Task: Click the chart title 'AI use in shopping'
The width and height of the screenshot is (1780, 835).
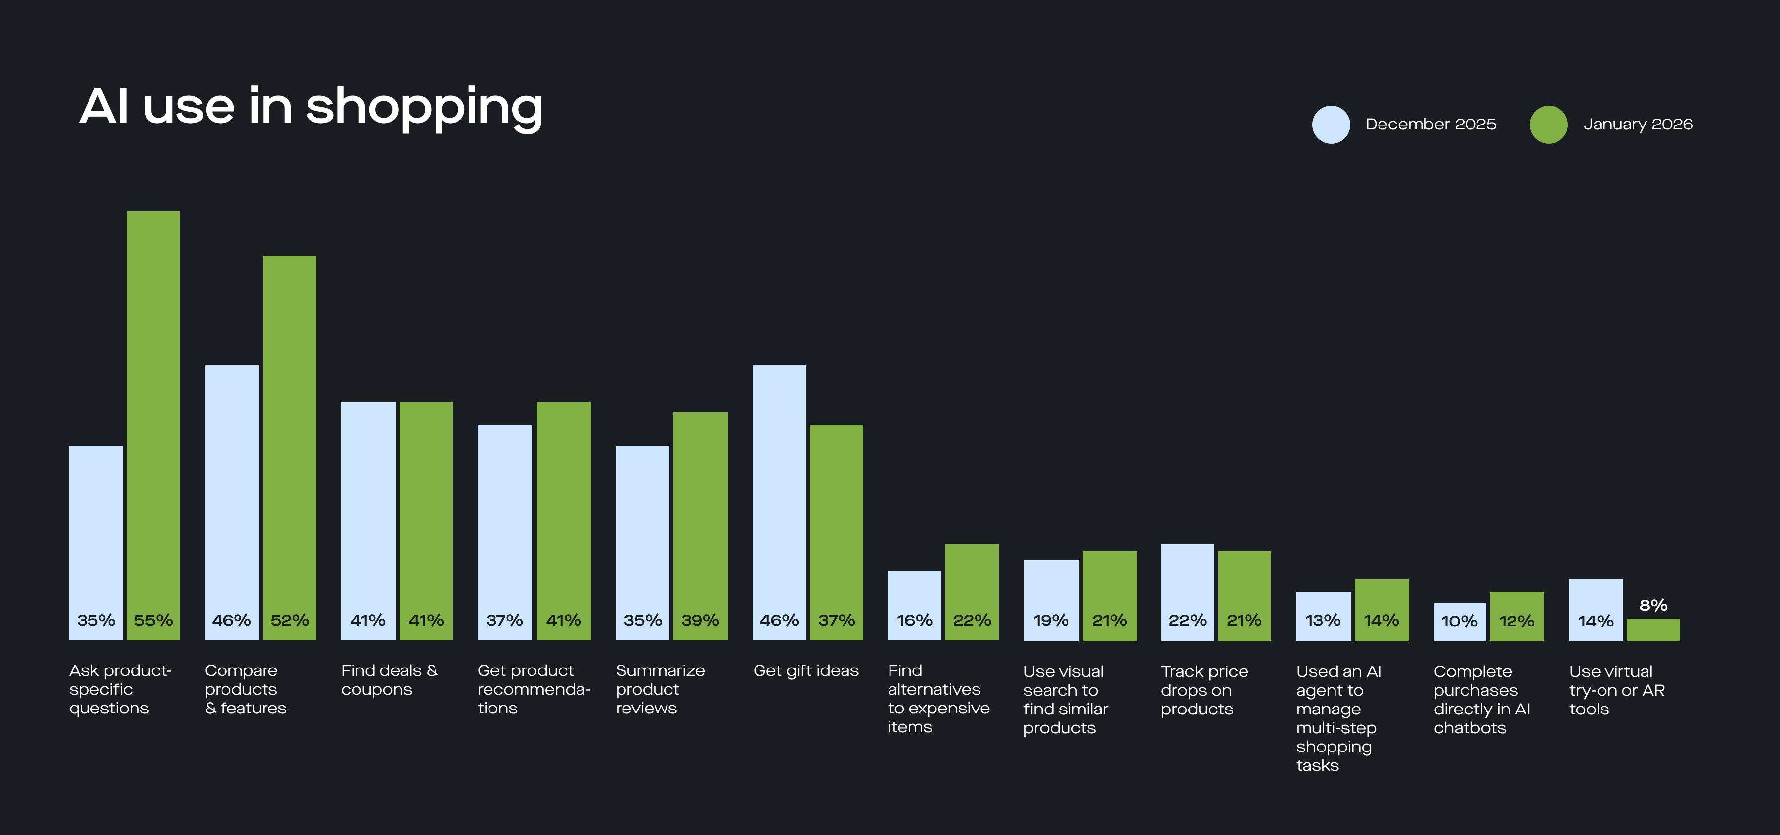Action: coord(311,107)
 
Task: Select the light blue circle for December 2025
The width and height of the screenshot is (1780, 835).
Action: coord(1331,125)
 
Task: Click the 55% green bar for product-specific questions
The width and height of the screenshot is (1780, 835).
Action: coord(153,415)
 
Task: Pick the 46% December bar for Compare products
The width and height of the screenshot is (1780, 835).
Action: coord(231,497)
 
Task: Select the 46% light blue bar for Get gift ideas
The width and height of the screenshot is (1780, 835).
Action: coord(779,497)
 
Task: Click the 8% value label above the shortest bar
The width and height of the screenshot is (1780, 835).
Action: coord(1653,606)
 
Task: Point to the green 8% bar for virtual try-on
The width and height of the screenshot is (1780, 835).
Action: coord(1653,630)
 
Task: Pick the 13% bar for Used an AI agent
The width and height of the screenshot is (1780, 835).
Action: coord(1323,615)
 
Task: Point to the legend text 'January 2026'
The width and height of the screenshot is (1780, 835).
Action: coord(1638,125)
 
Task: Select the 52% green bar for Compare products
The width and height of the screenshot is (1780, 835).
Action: coord(290,442)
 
